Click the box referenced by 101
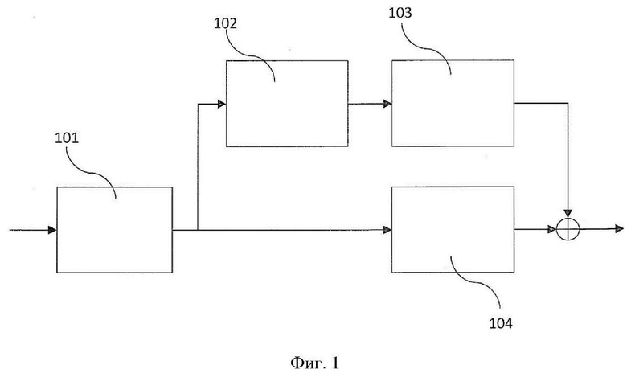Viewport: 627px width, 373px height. point(114,230)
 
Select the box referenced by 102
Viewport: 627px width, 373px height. point(287,103)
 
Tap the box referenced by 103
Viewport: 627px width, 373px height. point(453,103)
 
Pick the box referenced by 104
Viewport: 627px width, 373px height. point(453,230)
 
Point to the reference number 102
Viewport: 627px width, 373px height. point(225,24)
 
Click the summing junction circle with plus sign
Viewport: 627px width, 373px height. point(569,230)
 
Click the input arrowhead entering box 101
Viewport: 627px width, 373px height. point(52,230)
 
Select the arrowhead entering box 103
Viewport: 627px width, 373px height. point(387,103)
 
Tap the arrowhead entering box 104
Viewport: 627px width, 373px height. point(387,230)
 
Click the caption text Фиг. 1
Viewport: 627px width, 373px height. point(314,363)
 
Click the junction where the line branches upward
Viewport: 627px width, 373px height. point(198,230)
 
